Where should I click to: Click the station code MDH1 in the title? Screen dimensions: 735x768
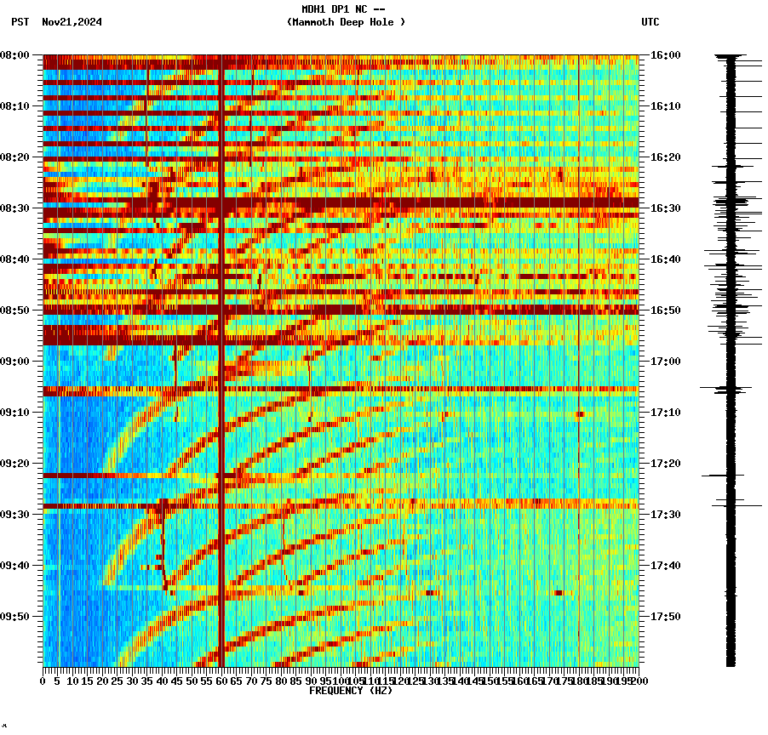(314, 9)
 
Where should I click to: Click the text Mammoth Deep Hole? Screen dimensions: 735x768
(346, 22)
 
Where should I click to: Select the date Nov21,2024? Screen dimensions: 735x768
(72, 22)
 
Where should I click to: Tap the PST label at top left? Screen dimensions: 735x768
(20, 22)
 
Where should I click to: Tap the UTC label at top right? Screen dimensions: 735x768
(650, 22)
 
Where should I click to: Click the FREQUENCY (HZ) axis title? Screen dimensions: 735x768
(351, 691)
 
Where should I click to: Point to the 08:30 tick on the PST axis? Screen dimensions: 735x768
(14, 208)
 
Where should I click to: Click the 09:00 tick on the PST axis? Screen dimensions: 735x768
(14, 362)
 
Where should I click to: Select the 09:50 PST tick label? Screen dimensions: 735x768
(14, 617)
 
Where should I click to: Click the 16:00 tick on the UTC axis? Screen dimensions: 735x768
(666, 55)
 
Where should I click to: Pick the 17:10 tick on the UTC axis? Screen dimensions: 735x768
(666, 413)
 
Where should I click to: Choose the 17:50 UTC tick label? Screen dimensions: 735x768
(666, 617)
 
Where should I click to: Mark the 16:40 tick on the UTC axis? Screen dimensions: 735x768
(666, 259)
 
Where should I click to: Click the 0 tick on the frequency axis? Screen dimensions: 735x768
(43, 681)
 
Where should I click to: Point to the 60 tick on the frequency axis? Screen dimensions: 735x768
(221, 681)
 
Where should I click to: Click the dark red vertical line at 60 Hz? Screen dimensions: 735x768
(221, 425)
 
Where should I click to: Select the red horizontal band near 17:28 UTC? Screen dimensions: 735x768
(341, 505)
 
